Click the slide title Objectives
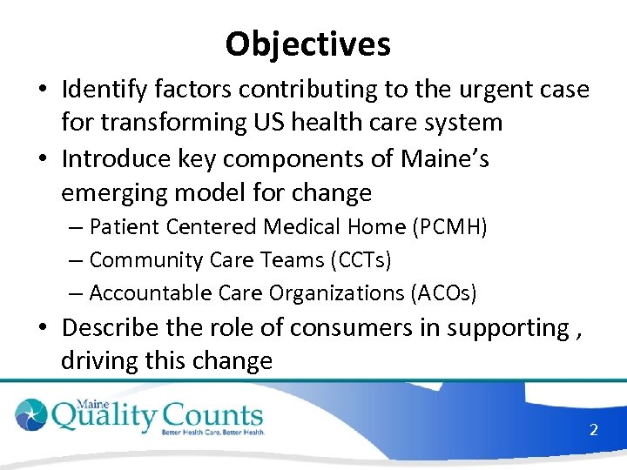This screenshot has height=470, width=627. pyautogui.click(x=307, y=43)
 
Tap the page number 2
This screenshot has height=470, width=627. pyautogui.click(x=593, y=429)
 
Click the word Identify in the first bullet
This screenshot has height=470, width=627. pyautogui.click(x=109, y=89)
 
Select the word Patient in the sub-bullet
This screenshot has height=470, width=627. pyautogui.click(x=121, y=227)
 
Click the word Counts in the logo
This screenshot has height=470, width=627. pyautogui.click(x=209, y=413)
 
